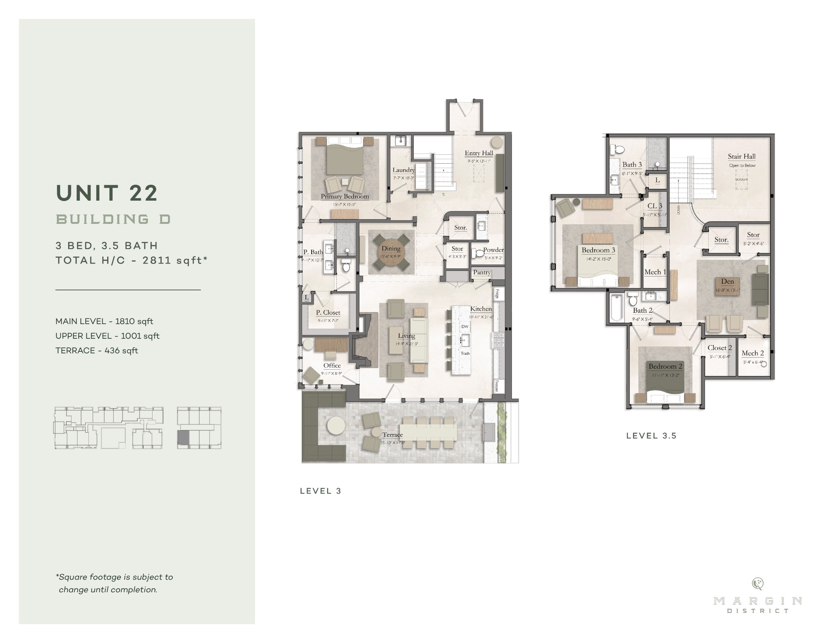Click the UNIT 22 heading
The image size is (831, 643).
(107, 193)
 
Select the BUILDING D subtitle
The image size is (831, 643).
(113, 219)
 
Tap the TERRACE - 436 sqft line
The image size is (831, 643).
(97, 351)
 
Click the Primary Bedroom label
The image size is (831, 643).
(345, 197)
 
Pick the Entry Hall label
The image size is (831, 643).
(479, 153)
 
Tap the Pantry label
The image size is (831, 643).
(482, 273)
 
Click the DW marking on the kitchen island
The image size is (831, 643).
(465, 327)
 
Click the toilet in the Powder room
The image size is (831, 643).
(479, 253)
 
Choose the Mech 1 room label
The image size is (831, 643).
(655, 272)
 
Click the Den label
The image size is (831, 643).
(727, 281)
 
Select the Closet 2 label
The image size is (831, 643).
(719, 348)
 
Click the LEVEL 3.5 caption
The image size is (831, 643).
(651, 436)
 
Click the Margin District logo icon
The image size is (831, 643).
(757, 584)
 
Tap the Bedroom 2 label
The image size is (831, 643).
(665, 366)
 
